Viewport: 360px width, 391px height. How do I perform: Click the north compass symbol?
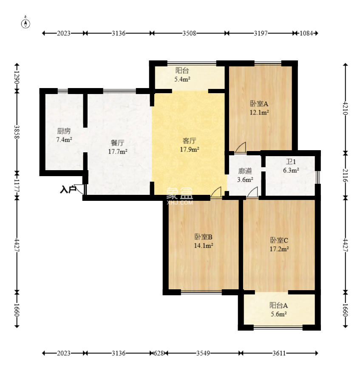(x=26, y=23)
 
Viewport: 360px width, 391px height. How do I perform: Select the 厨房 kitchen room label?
(x=64, y=131)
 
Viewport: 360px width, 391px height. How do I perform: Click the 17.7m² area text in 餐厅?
(x=118, y=151)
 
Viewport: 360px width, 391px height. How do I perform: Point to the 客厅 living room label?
(x=189, y=141)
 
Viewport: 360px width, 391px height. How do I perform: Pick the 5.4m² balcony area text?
(x=182, y=79)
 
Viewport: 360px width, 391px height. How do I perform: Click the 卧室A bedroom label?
(x=259, y=103)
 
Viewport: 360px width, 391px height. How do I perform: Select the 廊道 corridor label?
(x=245, y=171)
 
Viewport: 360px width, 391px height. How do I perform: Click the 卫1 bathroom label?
(x=291, y=162)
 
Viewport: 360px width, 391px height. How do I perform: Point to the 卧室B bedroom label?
(x=203, y=237)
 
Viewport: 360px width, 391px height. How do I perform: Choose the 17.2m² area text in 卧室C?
(x=279, y=249)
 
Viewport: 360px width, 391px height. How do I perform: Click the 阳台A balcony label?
(x=278, y=305)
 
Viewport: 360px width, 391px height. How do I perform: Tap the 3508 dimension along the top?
(x=189, y=33)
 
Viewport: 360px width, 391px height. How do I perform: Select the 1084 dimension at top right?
(x=306, y=33)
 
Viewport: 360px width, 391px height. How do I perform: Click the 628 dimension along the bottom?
(x=159, y=353)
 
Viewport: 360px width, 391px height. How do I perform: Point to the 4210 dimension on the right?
(x=345, y=108)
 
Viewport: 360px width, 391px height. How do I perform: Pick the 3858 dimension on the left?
(x=17, y=131)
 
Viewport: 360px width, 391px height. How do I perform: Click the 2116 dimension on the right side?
(x=345, y=175)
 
